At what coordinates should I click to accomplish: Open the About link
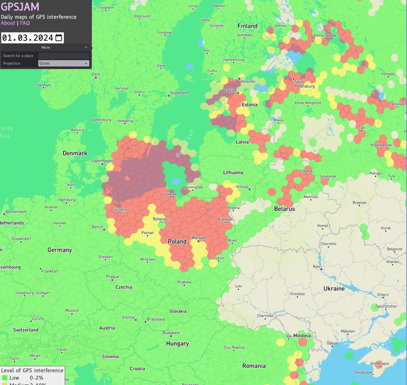click(8, 23)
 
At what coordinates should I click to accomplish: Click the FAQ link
click(25, 23)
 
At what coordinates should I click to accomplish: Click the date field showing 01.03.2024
click(28, 37)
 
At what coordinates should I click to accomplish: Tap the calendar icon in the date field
click(59, 37)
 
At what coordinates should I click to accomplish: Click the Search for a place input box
click(63, 55)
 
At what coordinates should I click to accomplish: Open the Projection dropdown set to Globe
click(63, 63)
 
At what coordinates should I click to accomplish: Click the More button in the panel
click(46, 47)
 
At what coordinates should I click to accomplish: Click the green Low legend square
click(4, 378)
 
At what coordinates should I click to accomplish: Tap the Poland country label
click(177, 242)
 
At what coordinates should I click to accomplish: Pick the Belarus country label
click(284, 209)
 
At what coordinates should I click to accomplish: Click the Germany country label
click(59, 250)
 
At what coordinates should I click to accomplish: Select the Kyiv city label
click(317, 266)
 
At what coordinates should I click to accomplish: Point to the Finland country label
click(247, 26)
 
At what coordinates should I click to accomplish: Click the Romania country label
click(254, 366)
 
